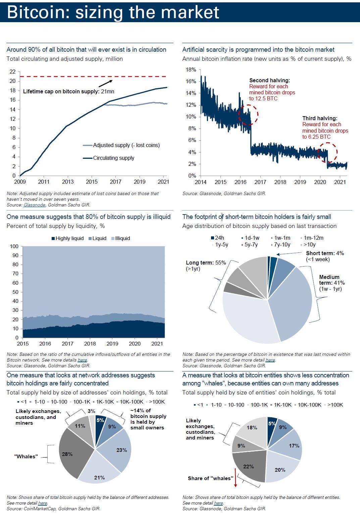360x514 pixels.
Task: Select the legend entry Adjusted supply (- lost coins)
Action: coord(126,145)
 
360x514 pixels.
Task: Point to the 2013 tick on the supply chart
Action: coord(68,182)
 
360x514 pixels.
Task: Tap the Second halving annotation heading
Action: coord(269,80)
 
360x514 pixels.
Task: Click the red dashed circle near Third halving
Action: coord(327,152)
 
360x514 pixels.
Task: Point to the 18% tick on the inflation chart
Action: coord(191,69)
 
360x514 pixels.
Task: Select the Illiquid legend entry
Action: coord(122,238)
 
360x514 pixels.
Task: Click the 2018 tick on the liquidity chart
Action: coord(90,343)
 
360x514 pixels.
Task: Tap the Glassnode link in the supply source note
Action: coord(34,204)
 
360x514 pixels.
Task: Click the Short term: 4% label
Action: coord(325,253)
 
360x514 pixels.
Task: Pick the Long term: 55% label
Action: coord(206,263)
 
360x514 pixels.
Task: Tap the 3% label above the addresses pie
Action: coord(91,411)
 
